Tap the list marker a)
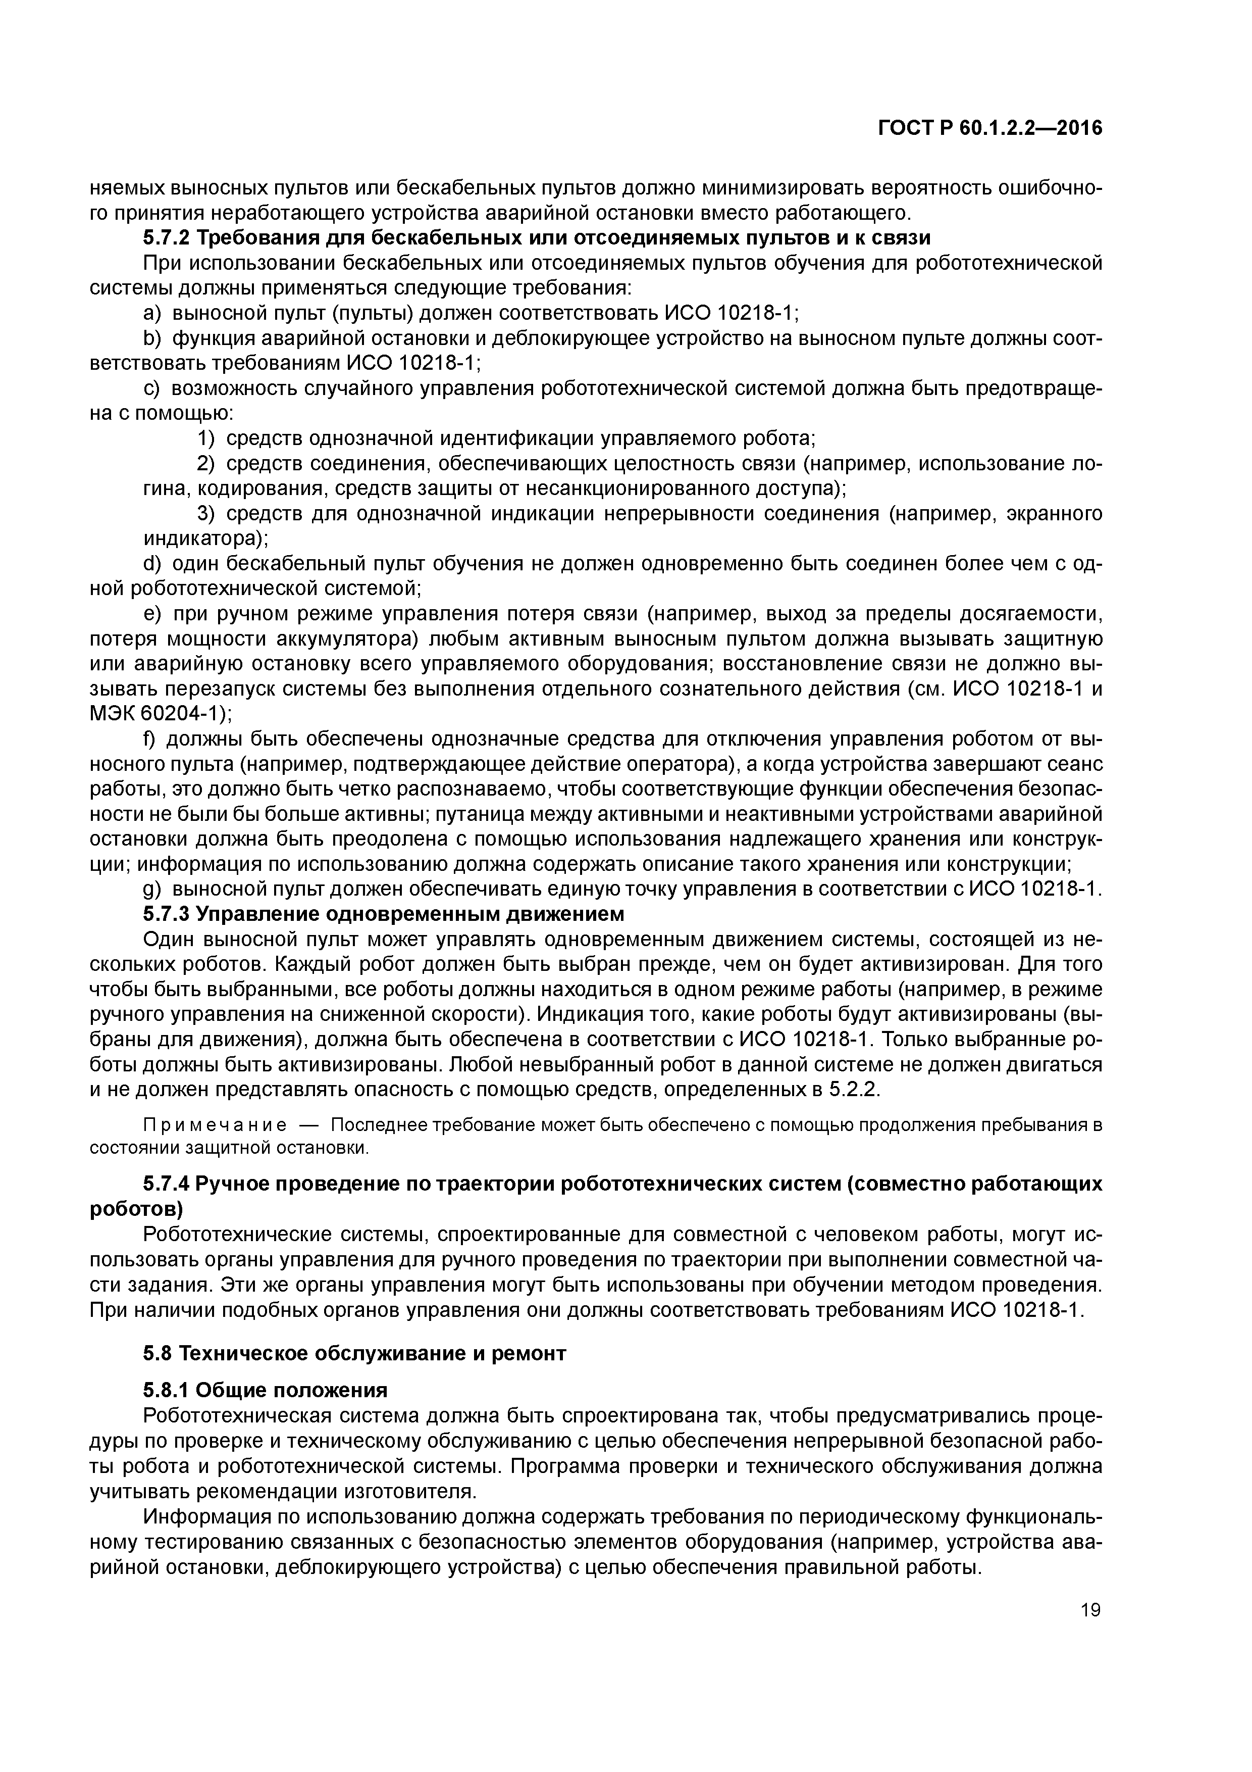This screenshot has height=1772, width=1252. pyautogui.click(x=153, y=313)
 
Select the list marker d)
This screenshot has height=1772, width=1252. pyautogui.click(x=153, y=564)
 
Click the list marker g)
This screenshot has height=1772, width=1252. pyautogui.click(x=153, y=889)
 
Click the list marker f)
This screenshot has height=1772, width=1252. pyautogui.click(x=150, y=740)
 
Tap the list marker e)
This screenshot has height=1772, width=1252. pyautogui.click(x=153, y=614)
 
